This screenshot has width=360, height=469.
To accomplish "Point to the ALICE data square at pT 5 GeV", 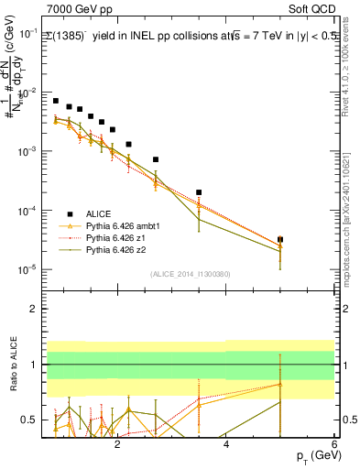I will tap(280, 239).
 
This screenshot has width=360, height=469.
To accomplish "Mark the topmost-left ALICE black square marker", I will tap(56, 101).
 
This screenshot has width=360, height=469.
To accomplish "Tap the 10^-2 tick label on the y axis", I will tap(27, 93).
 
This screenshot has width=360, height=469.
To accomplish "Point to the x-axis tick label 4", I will tap(226, 446).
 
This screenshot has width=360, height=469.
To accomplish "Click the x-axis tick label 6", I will tap(334, 446).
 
